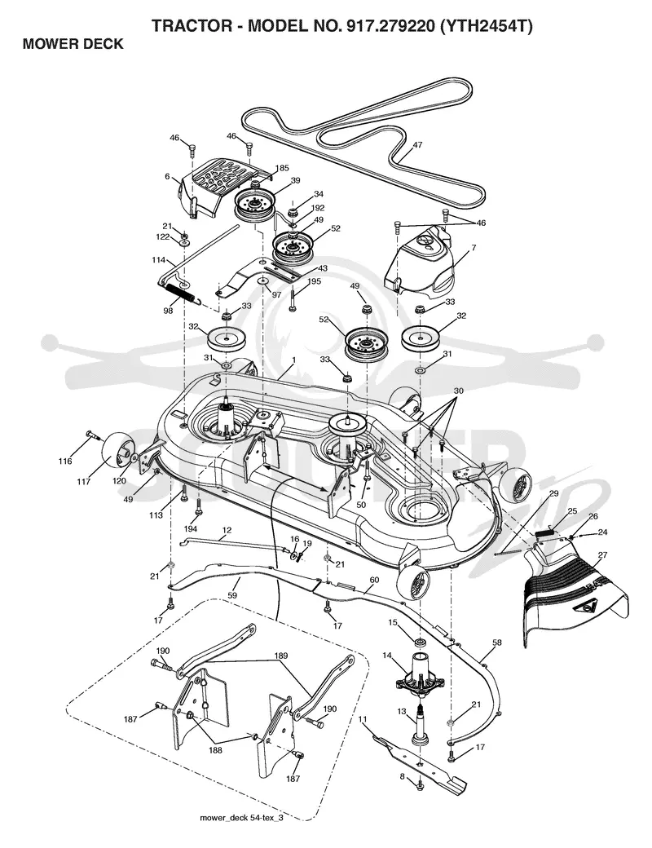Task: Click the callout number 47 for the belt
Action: point(416,145)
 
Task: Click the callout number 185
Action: point(282,168)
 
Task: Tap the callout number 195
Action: point(314,280)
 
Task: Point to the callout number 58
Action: point(497,643)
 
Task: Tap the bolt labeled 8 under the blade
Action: point(420,784)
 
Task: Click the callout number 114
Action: point(158,260)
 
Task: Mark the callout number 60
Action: point(374,580)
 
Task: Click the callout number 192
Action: point(318,208)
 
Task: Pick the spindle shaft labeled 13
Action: point(420,725)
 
